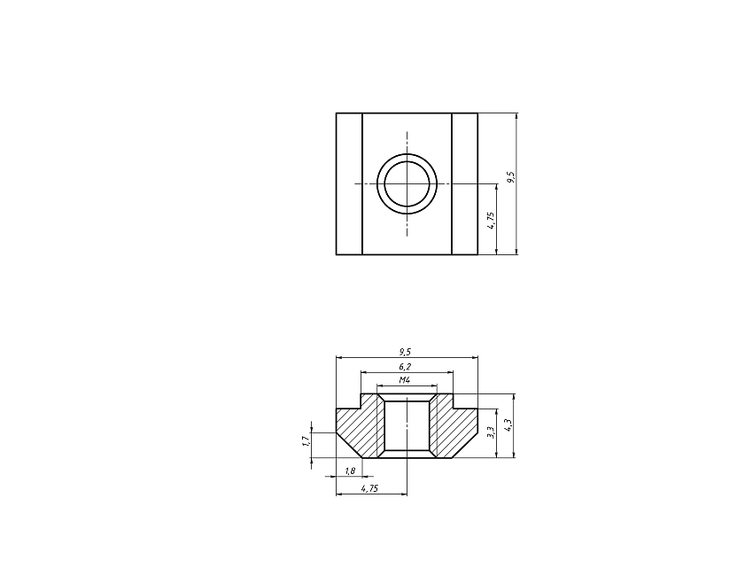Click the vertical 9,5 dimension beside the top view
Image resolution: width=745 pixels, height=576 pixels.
[511, 177]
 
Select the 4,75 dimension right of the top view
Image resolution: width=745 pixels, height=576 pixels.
[492, 220]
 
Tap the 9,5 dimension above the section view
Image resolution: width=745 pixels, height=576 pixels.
[405, 352]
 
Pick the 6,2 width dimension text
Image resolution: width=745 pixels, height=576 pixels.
[405, 367]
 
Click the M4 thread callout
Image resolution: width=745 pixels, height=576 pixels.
[404, 380]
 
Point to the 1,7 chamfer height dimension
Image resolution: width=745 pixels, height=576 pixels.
[307, 441]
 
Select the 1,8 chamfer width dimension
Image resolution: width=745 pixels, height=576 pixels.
[350, 471]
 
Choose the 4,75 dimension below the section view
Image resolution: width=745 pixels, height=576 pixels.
[369, 488]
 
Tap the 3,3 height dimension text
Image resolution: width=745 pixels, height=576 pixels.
[492, 432]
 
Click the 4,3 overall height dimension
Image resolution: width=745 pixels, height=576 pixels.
[508, 424]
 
